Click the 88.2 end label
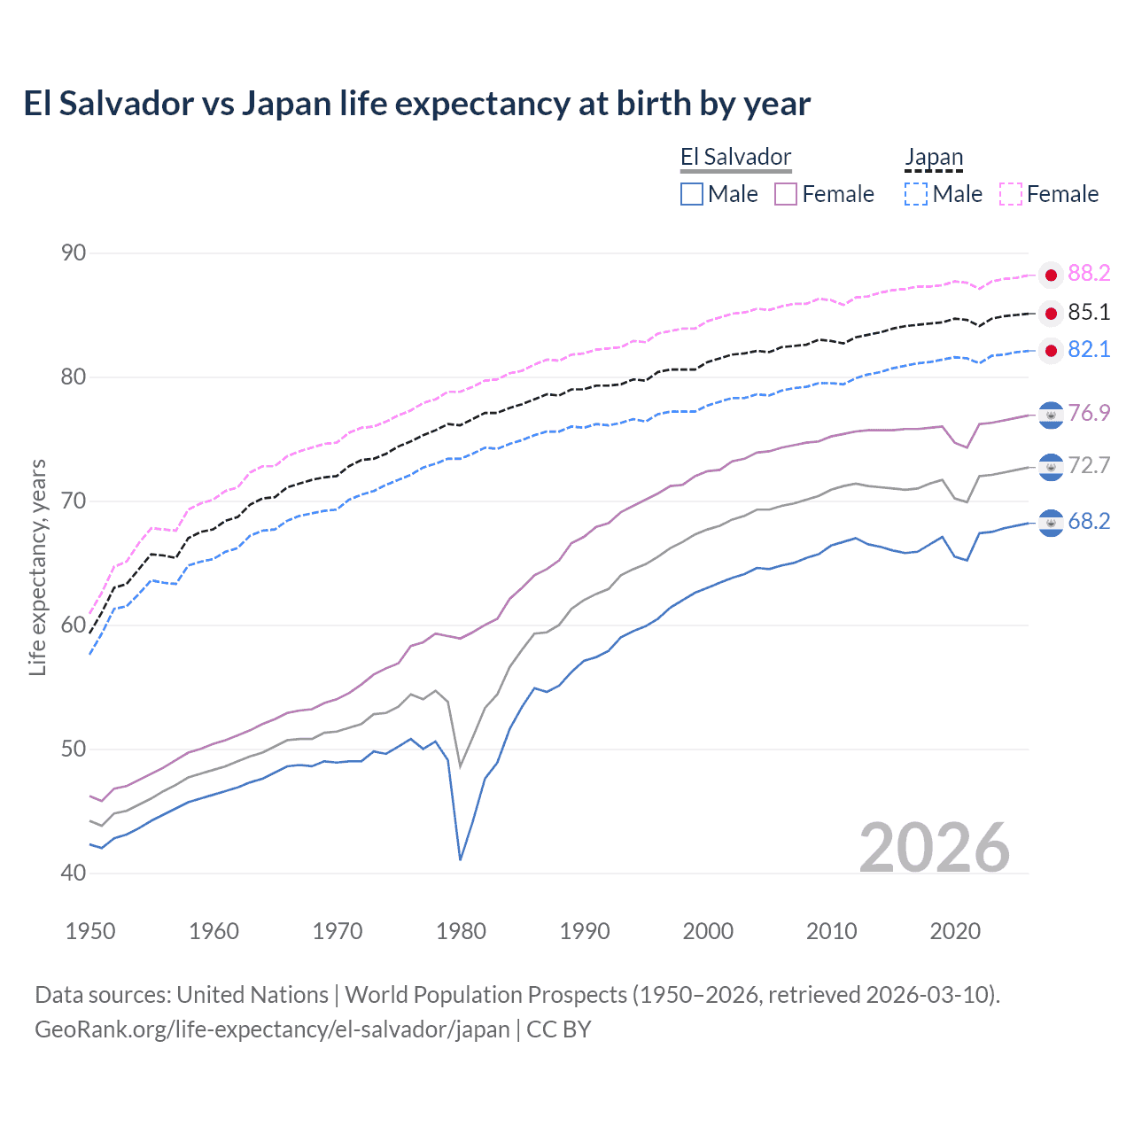click(x=1089, y=273)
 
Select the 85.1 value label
click(x=1089, y=312)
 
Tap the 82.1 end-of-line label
click(x=1089, y=349)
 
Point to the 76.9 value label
click(x=1089, y=413)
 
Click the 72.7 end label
click(x=1089, y=465)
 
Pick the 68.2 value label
click(x=1089, y=521)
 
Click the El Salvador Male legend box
click(x=692, y=194)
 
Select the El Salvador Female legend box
click(x=786, y=194)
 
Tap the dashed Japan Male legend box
click(x=916, y=194)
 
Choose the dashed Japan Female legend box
click(x=1011, y=194)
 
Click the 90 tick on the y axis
click(x=74, y=252)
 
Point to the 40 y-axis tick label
click(x=74, y=873)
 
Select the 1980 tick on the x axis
click(x=461, y=931)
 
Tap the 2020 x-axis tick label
click(x=955, y=931)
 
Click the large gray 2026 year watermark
click(x=935, y=848)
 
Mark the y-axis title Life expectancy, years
click(x=37, y=567)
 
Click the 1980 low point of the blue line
click(x=461, y=859)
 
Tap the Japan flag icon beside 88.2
click(x=1051, y=275)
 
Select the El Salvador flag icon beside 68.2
click(x=1051, y=523)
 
